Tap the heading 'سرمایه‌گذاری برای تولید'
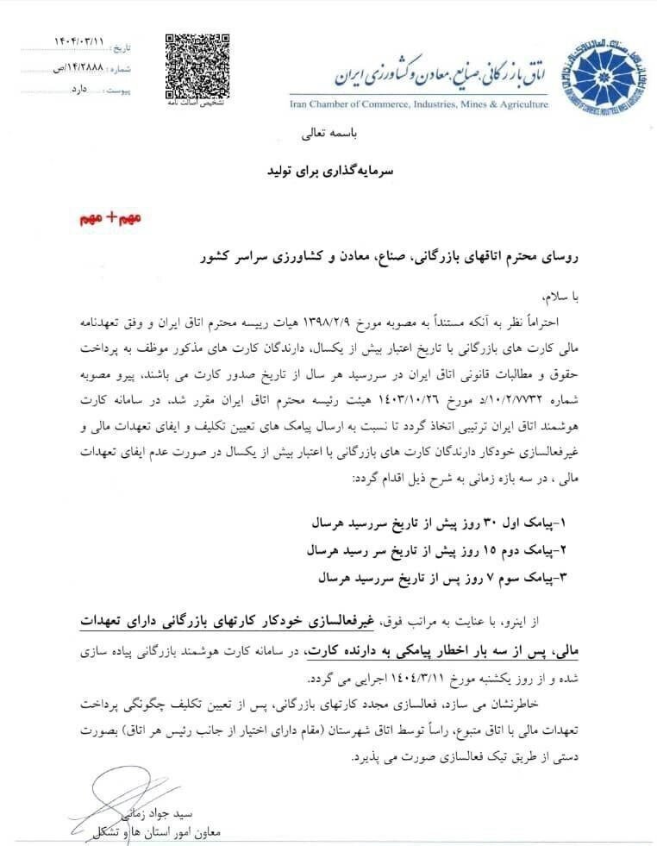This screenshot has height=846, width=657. point(328,173)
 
